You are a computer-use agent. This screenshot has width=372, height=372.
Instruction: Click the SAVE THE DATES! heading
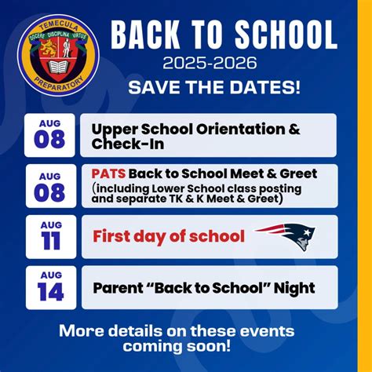(213, 86)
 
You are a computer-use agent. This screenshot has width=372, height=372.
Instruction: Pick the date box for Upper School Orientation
(50, 135)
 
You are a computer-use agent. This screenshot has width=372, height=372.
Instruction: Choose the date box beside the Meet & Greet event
(50, 186)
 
